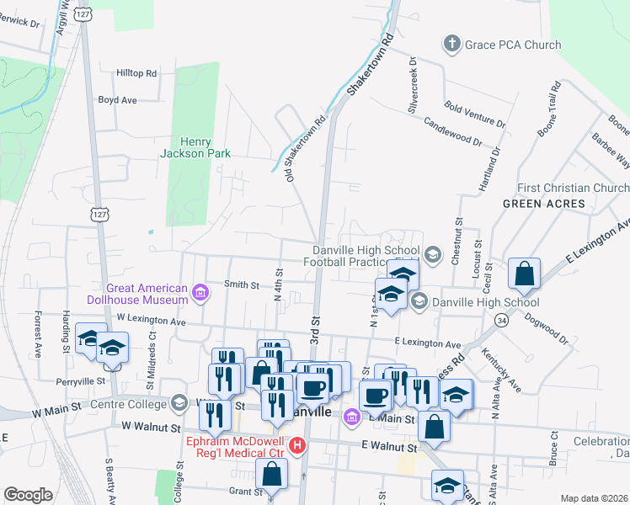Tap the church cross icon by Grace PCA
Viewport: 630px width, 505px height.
pyautogui.click(x=452, y=44)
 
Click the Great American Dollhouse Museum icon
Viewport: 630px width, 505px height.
pyautogui.click(x=200, y=293)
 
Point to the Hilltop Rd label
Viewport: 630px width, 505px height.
pyautogui.click(x=137, y=74)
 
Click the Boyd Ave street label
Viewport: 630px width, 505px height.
pyautogui.click(x=117, y=99)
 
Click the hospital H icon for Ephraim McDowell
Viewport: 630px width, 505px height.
pyautogui.click(x=296, y=444)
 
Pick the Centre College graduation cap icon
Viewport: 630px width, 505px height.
pyautogui.click(x=179, y=402)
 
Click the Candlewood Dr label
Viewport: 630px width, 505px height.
pyautogui.click(x=453, y=130)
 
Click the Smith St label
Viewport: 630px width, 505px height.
pyautogui.click(x=242, y=285)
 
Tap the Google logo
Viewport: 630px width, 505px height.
pyautogui.click(x=28, y=495)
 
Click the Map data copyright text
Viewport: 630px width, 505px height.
pyautogui.click(x=594, y=498)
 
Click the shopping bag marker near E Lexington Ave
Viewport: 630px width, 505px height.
pyautogui.click(x=524, y=274)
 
